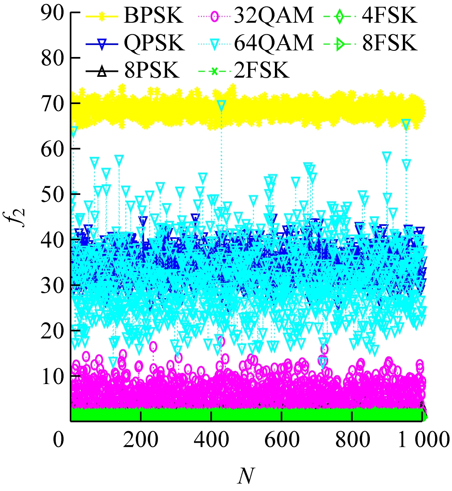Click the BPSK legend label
coord(153,17)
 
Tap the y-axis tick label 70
coord(53,104)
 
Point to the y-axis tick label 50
coord(53,195)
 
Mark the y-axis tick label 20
coord(53,330)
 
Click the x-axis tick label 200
coord(141,440)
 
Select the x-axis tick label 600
coord(282,440)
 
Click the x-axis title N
coord(246,476)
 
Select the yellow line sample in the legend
coord(103,17)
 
